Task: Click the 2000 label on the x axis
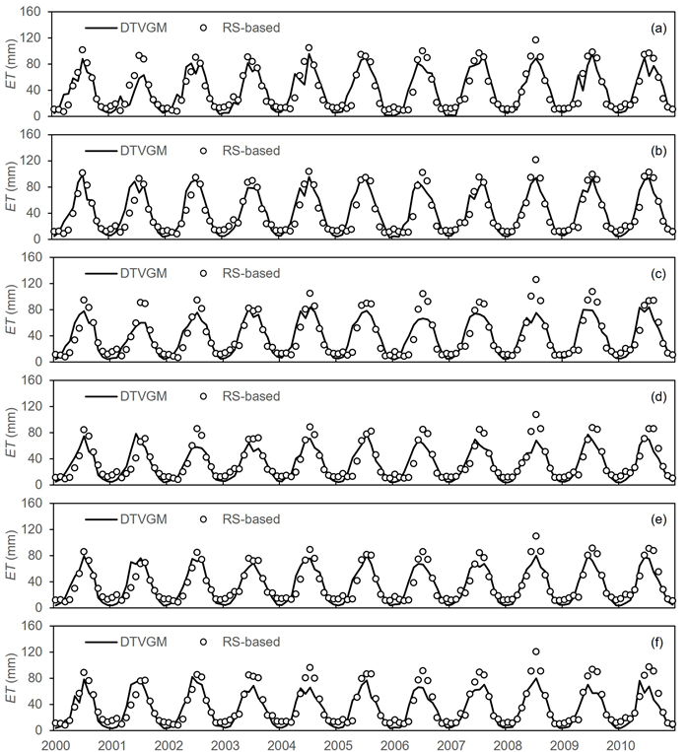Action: pyautogui.click(x=53, y=743)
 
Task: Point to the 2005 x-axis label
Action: pyautogui.click(x=337, y=743)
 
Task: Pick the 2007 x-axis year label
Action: pyautogui.click(x=450, y=743)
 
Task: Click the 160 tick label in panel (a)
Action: pyautogui.click(x=31, y=12)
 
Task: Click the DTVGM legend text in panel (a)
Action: pyautogui.click(x=142, y=28)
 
